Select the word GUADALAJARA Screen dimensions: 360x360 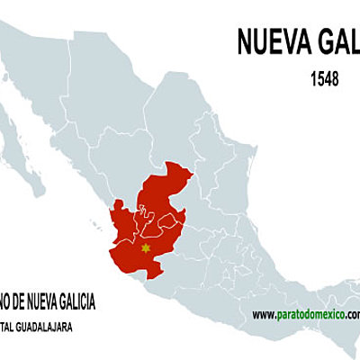tap(51, 325)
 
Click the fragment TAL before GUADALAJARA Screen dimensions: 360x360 tap(5, 325)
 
